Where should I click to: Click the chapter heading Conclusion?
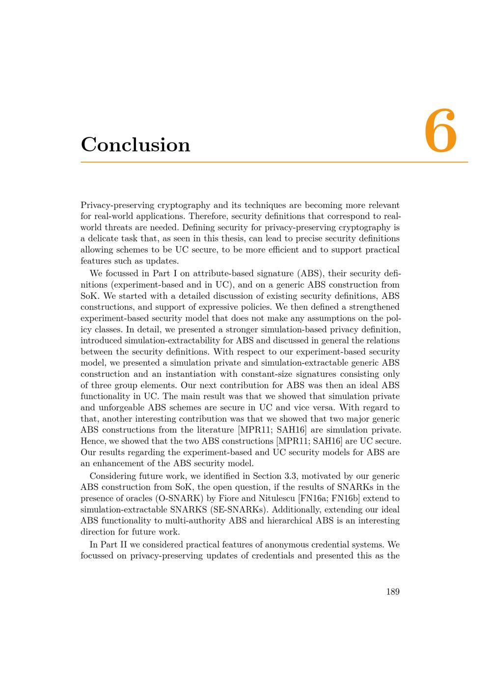click(x=136, y=145)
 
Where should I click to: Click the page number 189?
click(x=393, y=591)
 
